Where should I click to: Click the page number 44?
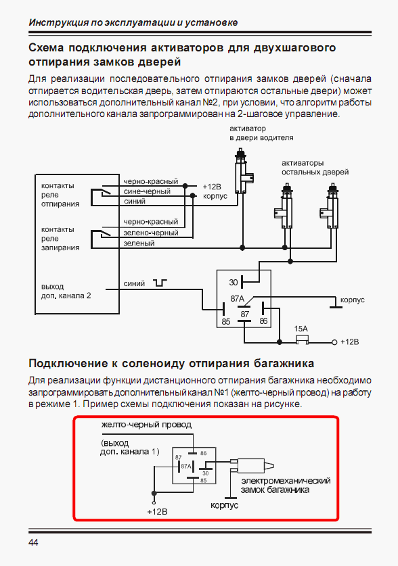(33, 542)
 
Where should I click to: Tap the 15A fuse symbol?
(302, 339)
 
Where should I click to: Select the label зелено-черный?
(151, 233)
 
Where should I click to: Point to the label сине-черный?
(147, 191)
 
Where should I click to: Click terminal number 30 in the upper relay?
(234, 282)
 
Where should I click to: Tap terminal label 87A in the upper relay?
(238, 298)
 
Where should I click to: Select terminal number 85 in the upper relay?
(225, 321)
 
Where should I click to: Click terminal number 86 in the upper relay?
(264, 321)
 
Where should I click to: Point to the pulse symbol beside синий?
(160, 283)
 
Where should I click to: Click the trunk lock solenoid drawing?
(252, 465)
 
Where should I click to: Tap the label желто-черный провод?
(146, 425)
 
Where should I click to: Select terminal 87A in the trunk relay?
(186, 466)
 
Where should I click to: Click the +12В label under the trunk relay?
(158, 511)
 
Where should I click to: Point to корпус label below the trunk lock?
(224, 505)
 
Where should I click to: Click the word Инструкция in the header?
(58, 22)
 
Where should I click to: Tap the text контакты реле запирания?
(60, 239)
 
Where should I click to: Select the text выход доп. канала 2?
(66, 291)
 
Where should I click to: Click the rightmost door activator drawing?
(330, 206)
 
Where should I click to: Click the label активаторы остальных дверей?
(315, 168)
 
